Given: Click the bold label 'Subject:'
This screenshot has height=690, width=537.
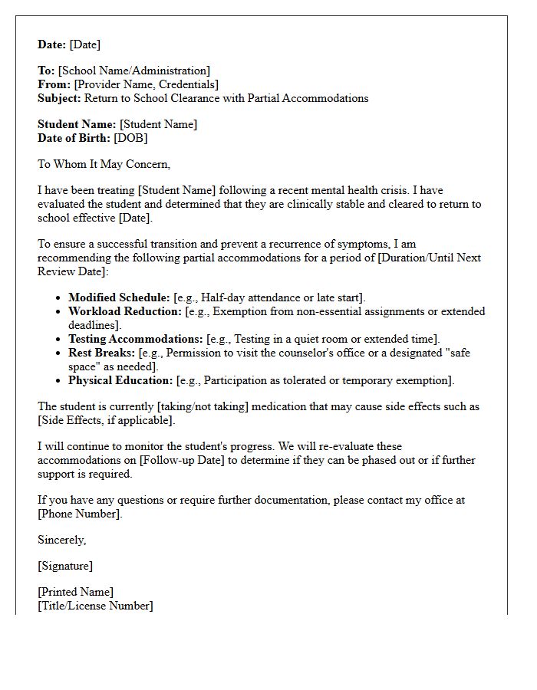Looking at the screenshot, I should click(x=59, y=98).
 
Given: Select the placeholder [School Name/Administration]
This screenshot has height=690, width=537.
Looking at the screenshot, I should click(x=133, y=71).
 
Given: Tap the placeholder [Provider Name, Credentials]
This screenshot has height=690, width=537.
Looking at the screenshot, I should click(x=146, y=84).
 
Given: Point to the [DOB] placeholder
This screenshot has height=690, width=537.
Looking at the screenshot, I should click(x=130, y=138).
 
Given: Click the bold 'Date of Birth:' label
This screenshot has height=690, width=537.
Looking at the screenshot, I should click(x=74, y=138).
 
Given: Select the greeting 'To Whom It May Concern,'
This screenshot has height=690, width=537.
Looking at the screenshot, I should click(x=104, y=164).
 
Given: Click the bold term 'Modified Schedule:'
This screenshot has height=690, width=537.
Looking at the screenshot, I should click(x=119, y=297).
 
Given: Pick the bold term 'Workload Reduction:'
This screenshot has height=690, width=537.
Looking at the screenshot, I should click(x=125, y=311).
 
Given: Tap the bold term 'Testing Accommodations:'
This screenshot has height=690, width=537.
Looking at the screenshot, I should click(x=136, y=339).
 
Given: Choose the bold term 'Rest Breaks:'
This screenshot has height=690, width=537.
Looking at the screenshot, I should click(x=100, y=353).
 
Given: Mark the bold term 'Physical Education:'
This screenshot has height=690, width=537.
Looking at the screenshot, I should click(x=120, y=380).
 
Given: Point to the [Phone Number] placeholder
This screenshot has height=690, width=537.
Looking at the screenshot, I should click(x=79, y=514).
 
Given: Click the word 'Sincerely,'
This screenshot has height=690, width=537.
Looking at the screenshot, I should click(x=62, y=540).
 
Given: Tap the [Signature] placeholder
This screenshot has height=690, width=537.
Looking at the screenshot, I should click(x=65, y=566).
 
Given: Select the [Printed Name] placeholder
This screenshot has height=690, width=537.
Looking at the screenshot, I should click(x=75, y=592).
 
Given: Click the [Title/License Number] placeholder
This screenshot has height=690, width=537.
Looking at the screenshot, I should click(x=95, y=606).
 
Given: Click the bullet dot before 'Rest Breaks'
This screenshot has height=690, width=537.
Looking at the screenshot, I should click(x=58, y=353).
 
